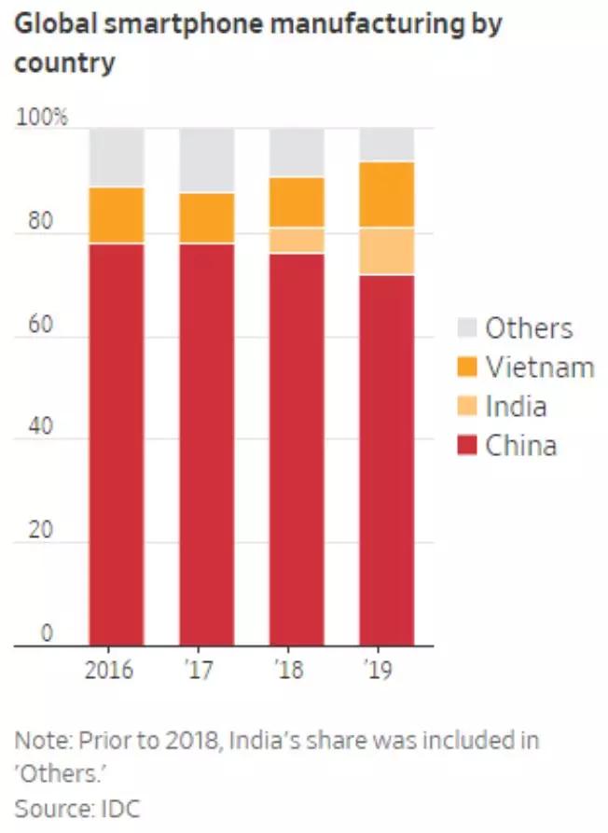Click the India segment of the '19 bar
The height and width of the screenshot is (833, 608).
coord(387,251)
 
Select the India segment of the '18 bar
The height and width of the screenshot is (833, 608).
coord(297,240)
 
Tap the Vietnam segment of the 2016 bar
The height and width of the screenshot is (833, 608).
coord(117,215)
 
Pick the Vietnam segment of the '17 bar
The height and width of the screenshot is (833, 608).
coord(207,217)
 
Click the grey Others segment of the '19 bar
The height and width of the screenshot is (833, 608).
coord(387,145)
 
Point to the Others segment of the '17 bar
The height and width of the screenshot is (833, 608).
coord(207,160)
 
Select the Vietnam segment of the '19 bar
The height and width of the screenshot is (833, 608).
coord(387,194)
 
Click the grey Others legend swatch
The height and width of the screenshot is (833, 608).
coord(467,327)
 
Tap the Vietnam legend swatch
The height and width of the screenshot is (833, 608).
coord(467,367)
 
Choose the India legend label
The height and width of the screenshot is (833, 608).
coord(516,406)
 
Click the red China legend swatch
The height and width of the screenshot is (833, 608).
coord(467,445)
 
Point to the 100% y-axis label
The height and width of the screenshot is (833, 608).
coord(41,118)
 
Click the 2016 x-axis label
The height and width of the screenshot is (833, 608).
coord(108,671)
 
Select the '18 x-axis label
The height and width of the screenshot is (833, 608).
coord(289,671)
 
